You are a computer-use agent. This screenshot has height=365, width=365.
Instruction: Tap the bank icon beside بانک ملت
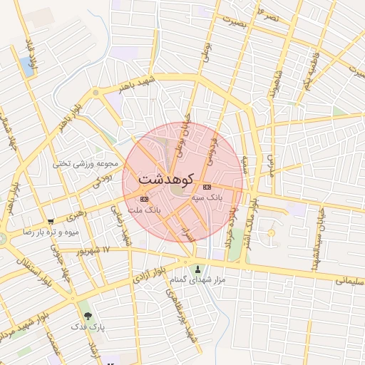(x=145, y=199)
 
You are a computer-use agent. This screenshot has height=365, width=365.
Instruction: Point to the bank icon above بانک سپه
(x=207, y=186)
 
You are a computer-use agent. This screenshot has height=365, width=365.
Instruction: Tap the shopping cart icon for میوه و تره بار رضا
(x=51, y=222)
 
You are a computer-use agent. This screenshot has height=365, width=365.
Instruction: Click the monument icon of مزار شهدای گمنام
(x=199, y=269)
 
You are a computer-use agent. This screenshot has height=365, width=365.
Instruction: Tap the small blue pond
(x=29, y=66)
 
